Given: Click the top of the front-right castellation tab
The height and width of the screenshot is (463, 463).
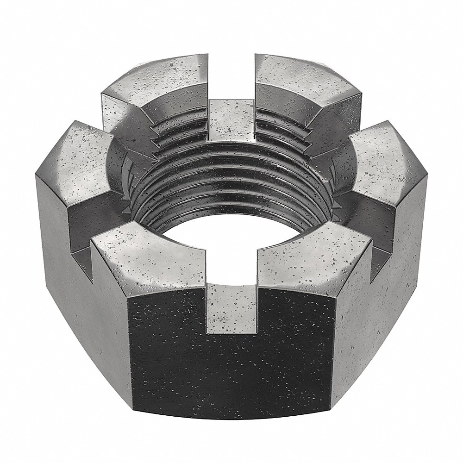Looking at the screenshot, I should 315,259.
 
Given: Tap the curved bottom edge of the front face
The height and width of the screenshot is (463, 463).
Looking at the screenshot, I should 231,428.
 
